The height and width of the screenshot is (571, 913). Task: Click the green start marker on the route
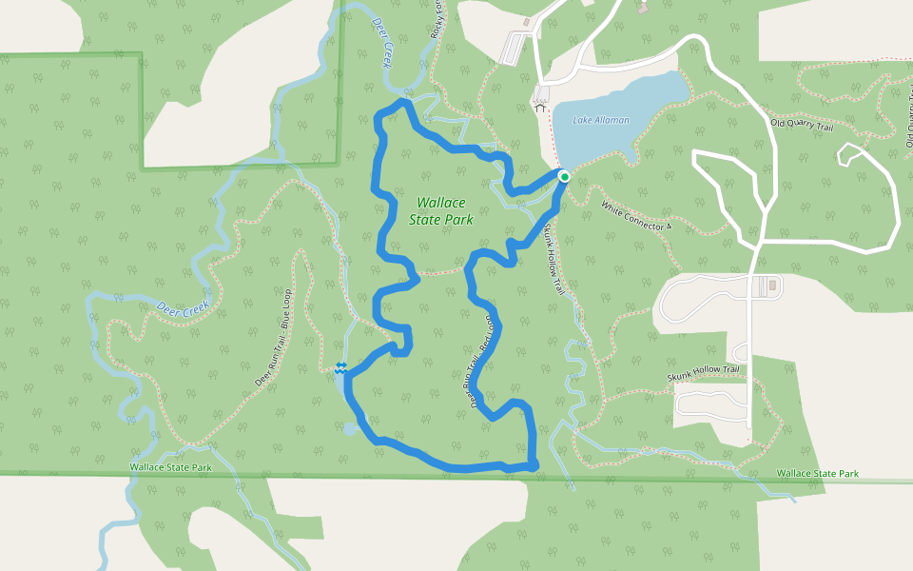click(564, 176)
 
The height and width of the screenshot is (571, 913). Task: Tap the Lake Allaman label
click(601, 120)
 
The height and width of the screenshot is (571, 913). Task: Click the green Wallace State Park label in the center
click(441, 210)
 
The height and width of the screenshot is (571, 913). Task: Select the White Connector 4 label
click(636, 215)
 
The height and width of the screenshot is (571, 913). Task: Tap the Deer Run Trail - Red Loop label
click(483, 363)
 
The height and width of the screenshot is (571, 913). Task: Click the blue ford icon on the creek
click(340, 368)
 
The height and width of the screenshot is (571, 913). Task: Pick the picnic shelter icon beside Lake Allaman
click(541, 108)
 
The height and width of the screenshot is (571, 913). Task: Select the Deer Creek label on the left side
click(182, 309)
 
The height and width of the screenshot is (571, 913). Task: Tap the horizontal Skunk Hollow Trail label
click(703, 376)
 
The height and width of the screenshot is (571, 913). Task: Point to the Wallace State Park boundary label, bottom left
click(171, 467)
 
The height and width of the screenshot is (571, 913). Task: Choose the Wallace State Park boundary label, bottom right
click(817, 473)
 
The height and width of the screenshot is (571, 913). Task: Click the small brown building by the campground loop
click(772, 284)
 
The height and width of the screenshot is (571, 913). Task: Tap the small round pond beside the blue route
click(349, 430)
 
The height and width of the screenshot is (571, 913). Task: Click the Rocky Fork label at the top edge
click(437, 16)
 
